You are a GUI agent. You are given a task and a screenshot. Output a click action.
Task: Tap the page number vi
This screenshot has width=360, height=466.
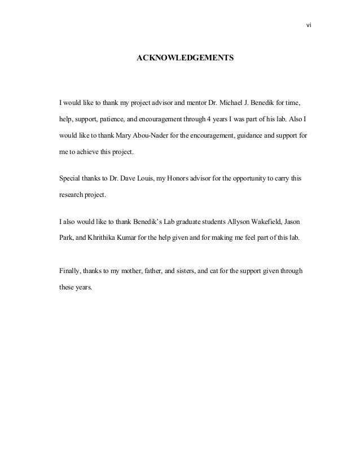point(309,25)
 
